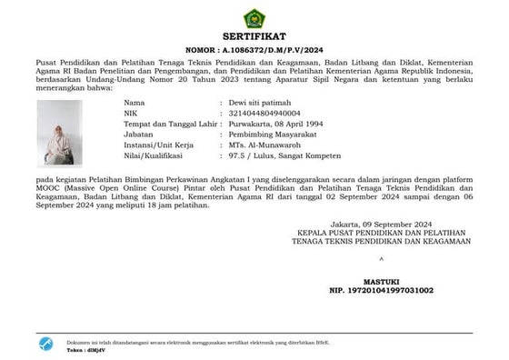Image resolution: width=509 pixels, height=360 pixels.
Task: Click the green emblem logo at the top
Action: (x=254, y=18)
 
